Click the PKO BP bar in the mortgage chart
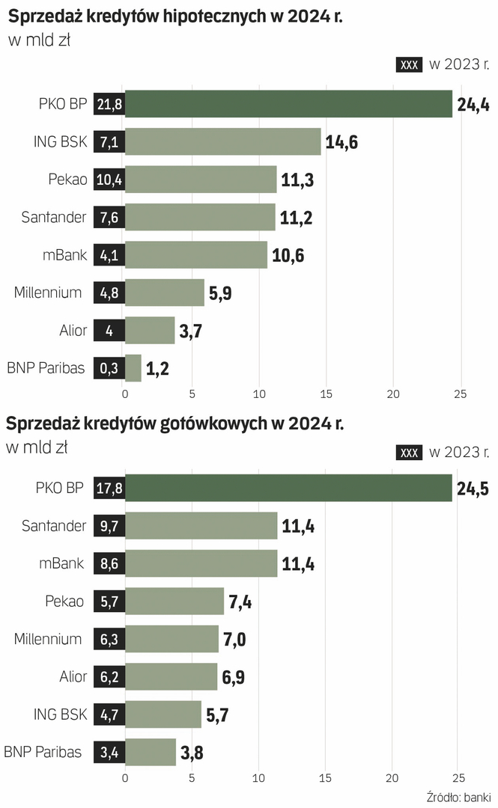pos(288,104)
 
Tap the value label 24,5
pos(473,488)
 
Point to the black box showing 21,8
pos(109,105)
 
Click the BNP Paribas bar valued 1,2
pos(133,368)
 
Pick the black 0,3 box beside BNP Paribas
pos(109,368)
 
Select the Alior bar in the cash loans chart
pos(171,677)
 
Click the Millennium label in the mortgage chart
pos(48,293)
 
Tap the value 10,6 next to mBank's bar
pos(288,255)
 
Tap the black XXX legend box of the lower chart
pos(410,452)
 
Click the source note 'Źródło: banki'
pos(458,796)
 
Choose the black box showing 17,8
pos(109,488)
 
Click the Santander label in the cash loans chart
pos(55,526)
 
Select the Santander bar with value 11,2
pos(200,217)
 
